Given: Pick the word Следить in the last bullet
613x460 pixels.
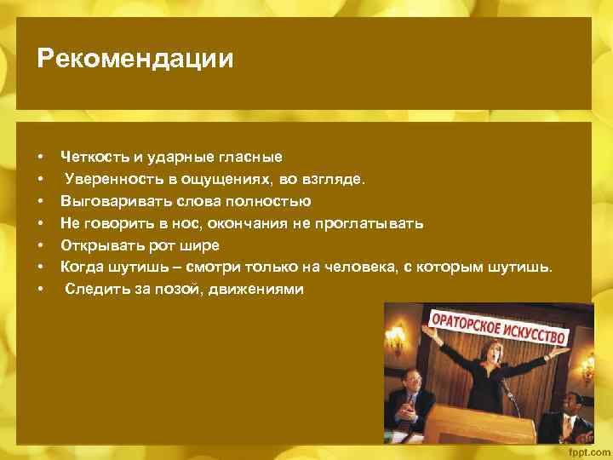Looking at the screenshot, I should pos(94,290).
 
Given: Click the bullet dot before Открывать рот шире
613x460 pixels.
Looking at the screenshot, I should pos(40,245).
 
